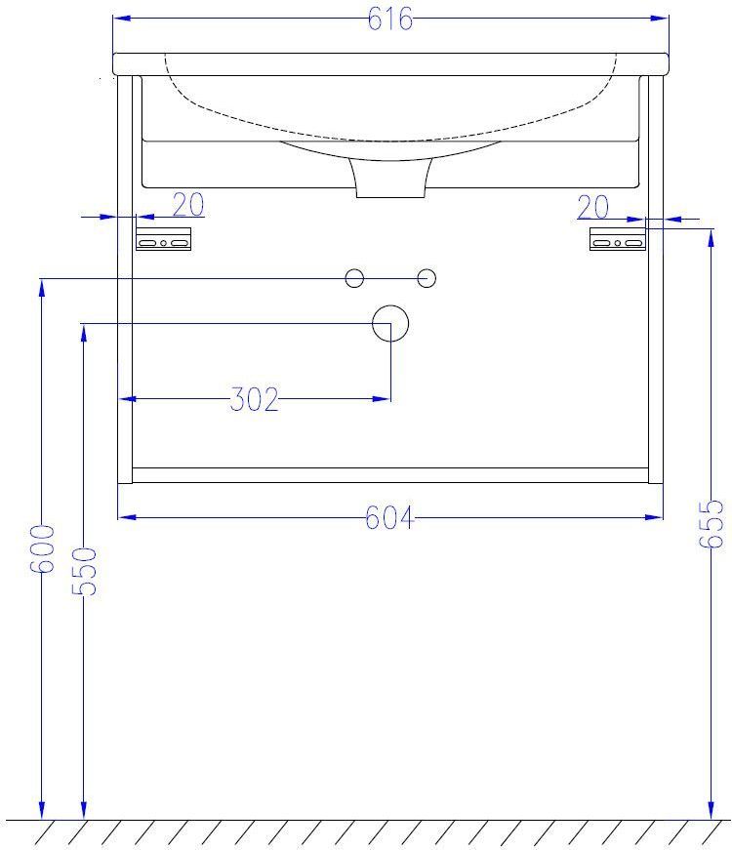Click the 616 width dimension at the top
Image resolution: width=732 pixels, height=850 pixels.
tap(389, 19)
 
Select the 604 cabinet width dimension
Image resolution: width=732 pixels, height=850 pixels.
tap(389, 517)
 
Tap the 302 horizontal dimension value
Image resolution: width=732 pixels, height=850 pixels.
tap(255, 399)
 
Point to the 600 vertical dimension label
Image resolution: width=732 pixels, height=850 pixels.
tap(42, 548)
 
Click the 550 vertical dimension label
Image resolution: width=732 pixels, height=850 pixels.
tap(84, 571)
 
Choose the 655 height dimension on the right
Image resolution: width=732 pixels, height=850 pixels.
tap(711, 524)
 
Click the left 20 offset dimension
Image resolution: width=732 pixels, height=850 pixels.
tap(188, 205)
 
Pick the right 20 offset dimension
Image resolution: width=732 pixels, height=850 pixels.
tap(592, 207)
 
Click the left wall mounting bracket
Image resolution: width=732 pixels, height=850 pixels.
tap(163, 239)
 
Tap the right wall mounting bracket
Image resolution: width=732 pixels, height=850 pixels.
tap(618, 239)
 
